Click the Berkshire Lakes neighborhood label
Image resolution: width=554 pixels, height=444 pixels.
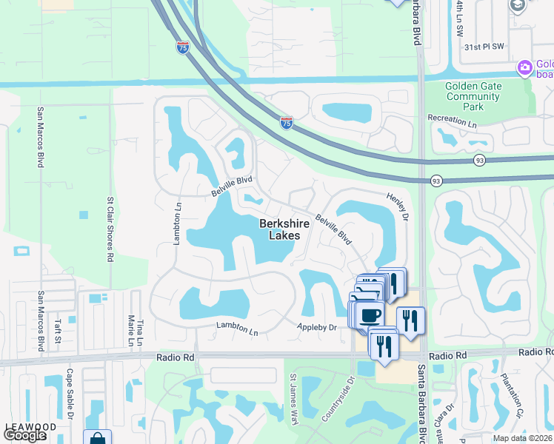tap(280, 229)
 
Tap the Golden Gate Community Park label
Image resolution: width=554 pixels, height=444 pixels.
tap(473, 96)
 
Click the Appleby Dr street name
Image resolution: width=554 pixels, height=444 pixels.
tap(317, 326)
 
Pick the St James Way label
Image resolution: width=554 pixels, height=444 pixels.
tap(293, 404)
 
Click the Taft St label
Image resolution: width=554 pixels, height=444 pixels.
tap(57, 331)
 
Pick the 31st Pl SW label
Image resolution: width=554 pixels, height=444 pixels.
tap(483, 46)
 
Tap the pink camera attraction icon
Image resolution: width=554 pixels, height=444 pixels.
tap(524, 69)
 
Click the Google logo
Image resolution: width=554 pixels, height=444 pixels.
tap(24, 435)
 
